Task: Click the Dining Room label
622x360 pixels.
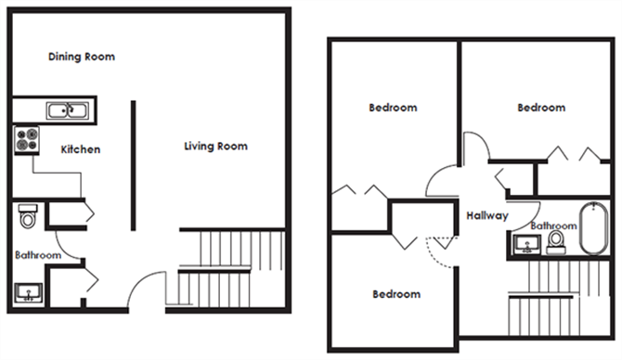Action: (82, 57)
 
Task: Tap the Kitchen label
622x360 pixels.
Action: (81, 149)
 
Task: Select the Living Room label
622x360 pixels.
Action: (215, 147)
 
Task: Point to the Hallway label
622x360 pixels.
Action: (487, 215)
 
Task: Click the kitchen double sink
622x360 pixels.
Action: (68, 110)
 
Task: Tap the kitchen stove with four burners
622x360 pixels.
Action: (27, 140)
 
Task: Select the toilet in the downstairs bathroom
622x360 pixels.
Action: (28, 216)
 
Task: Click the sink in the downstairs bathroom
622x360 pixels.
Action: (28, 292)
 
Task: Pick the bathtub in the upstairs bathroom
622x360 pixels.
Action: (594, 228)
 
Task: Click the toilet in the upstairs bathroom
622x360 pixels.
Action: (556, 242)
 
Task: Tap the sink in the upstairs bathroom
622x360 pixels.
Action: (526, 244)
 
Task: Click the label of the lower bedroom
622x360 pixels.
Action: (396, 294)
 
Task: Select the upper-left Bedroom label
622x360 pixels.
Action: (393, 108)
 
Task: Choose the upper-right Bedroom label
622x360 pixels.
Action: (541, 108)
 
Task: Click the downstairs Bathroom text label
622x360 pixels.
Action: (38, 255)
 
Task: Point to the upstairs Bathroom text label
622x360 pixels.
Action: (554, 225)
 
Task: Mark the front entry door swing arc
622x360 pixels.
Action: (139, 280)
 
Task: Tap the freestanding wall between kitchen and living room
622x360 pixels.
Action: (134, 165)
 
